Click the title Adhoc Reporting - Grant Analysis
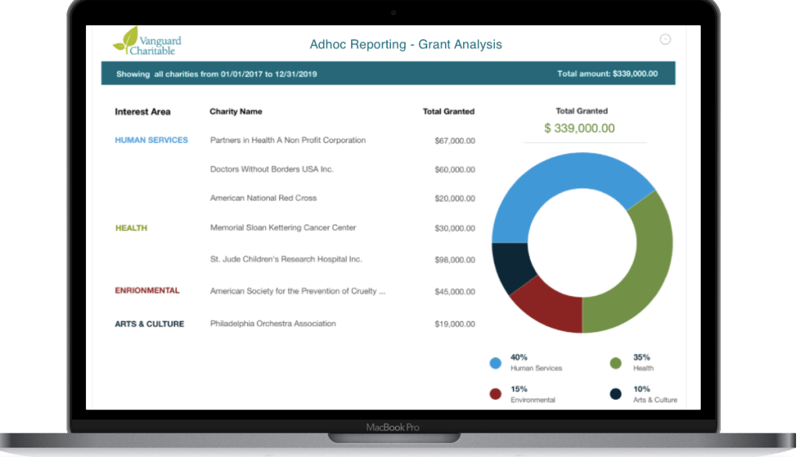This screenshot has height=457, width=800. click(x=406, y=45)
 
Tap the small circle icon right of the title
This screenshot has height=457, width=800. click(x=665, y=39)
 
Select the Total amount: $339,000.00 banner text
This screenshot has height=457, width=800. click(x=607, y=74)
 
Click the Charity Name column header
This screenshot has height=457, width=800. click(x=236, y=112)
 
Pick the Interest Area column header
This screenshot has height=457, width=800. click(x=142, y=112)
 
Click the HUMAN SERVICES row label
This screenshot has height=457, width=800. click(x=152, y=141)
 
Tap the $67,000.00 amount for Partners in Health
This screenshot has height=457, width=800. click(x=454, y=141)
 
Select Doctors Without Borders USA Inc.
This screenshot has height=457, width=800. click(x=271, y=169)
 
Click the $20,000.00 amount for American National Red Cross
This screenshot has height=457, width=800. click(x=454, y=199)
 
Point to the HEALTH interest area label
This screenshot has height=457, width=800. click(x=131, y=228)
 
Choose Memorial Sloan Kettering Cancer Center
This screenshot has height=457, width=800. click(x=283, y=228)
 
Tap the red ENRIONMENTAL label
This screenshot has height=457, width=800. click(x=147, y=291)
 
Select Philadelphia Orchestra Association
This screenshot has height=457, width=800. click(x=273, y=323)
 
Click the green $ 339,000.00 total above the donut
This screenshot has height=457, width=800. click(x=579, y=128)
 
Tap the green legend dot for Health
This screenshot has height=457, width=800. click(x=616, y=362)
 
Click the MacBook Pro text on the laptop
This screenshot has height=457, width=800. click(x=393, y=427)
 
